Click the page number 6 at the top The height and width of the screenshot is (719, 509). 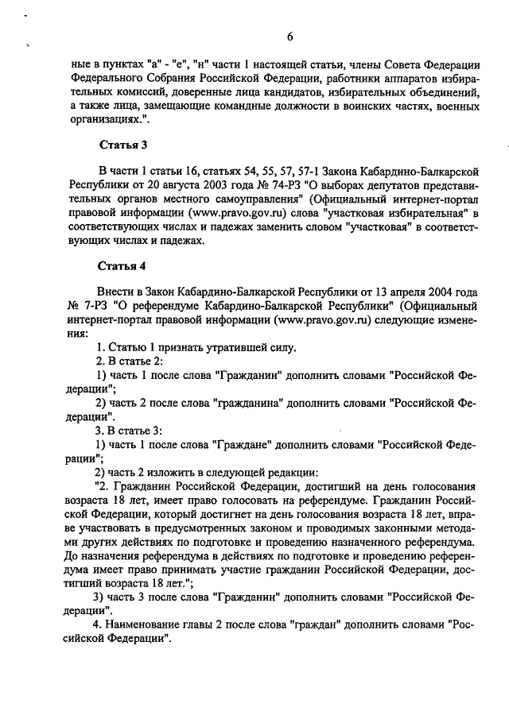[x=290, y=36]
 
